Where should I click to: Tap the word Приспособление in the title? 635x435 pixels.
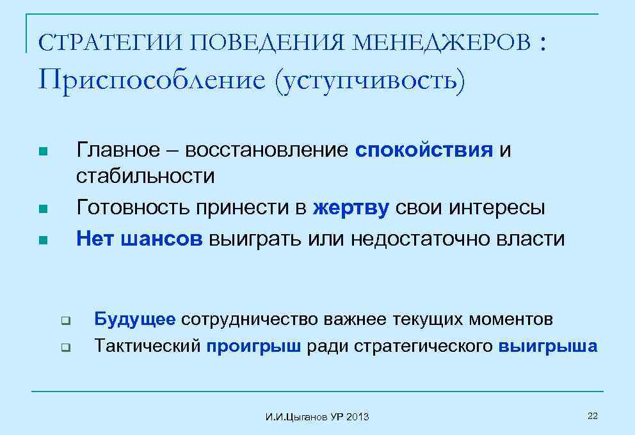[x=150, y=81]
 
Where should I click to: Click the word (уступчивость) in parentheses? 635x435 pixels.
[x=369, y=82]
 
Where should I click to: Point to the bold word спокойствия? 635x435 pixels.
[x=424, y=150]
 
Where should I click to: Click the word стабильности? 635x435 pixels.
[x=145, y=175]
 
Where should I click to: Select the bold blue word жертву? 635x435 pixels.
[x=351, y=208]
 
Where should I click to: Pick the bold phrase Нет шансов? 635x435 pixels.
[x=139, y=239]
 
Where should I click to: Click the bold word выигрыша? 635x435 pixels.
[x=548, y=346]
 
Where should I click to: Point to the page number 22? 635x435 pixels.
[x=591, y=416]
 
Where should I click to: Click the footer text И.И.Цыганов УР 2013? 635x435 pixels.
[x=317, y=417]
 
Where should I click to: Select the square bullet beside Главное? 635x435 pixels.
[x=42, y=152]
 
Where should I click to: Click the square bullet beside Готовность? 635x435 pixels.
[x=42, y=209]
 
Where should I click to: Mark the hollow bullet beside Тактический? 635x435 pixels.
[x=65, y=348]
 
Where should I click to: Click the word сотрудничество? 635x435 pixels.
[x=251, y=319]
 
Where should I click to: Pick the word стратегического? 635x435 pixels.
[x=423, y=346]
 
